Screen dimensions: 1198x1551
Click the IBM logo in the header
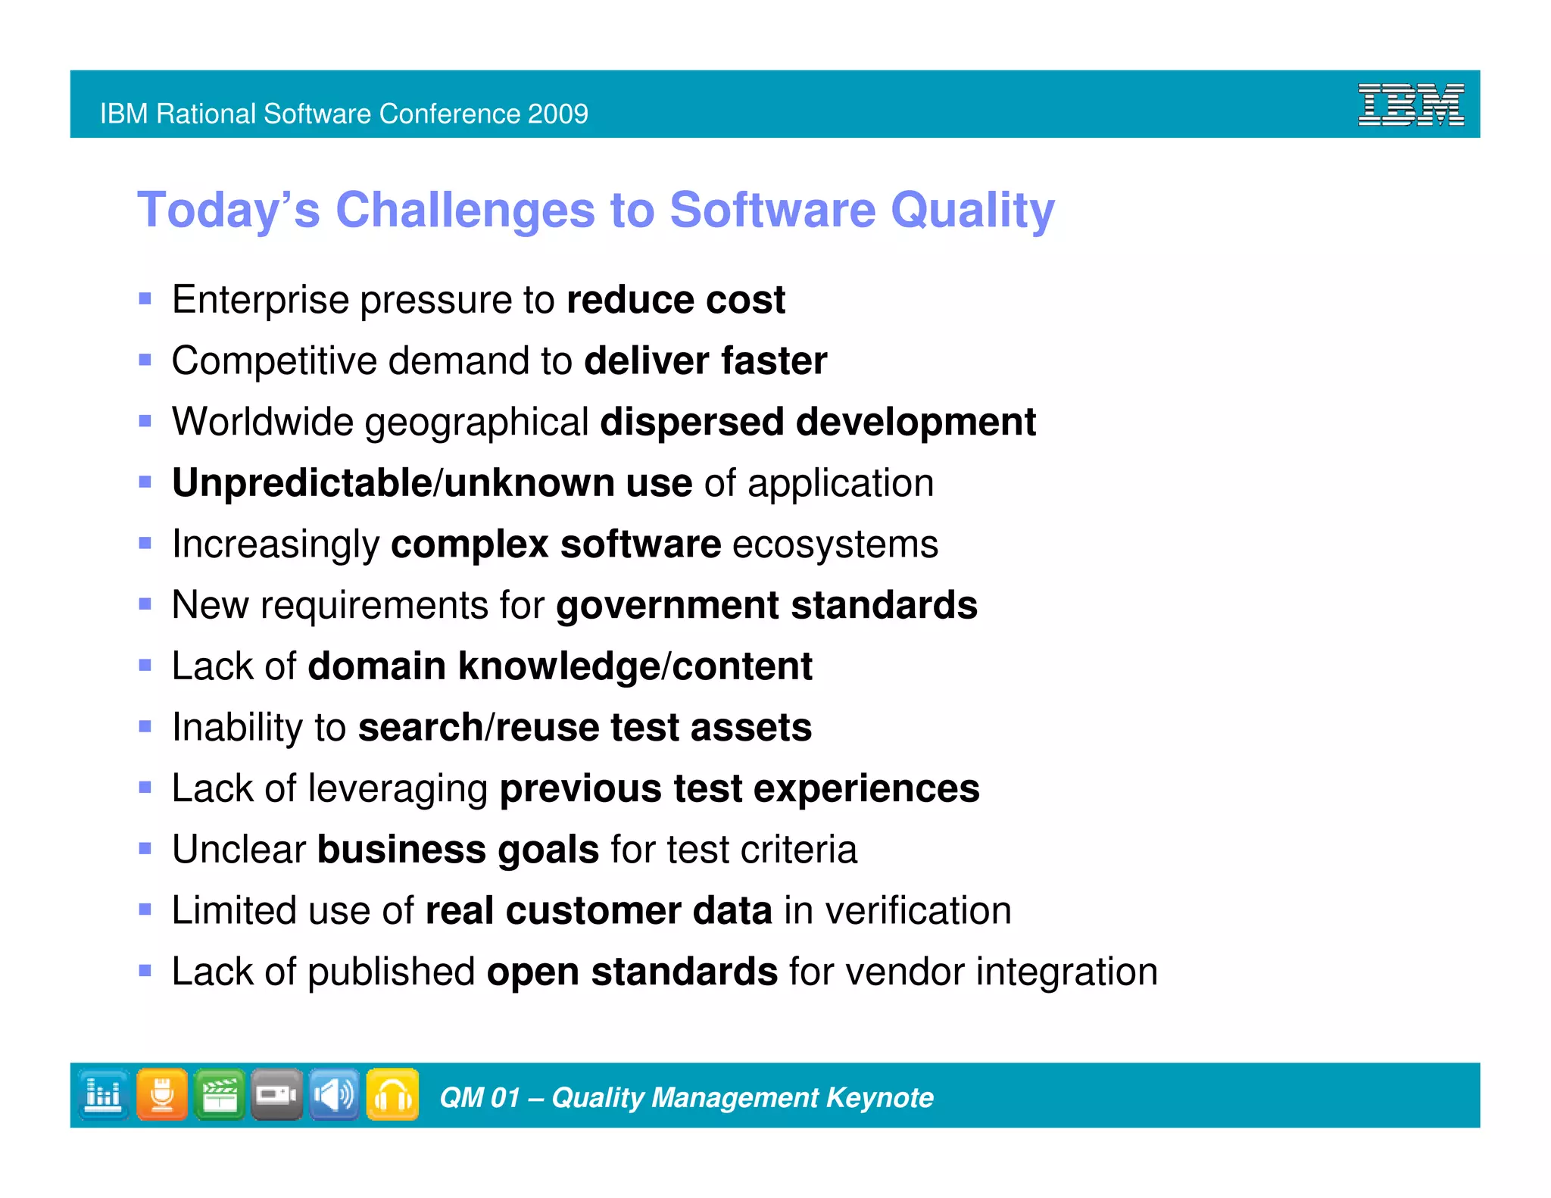tap(1410, 105)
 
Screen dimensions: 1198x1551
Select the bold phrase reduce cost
tap(676, 300)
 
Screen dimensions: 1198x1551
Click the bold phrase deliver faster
tap(705, 361)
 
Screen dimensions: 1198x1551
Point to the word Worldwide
tap(262, 422)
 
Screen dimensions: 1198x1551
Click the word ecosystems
tap(835, 544)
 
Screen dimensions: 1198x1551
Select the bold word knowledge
tap(558, 666)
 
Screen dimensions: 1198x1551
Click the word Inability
tap(237, 728)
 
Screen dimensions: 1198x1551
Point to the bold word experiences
tap(866, 789)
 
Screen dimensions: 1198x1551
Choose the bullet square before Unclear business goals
tap(145, 849)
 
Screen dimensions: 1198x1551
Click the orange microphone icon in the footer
tap(162, 1094)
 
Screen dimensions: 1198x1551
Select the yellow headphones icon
tap(392, 1094)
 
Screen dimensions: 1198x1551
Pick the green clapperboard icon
tap(220, 1094)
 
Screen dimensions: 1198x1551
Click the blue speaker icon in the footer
tap(334, 1094)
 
